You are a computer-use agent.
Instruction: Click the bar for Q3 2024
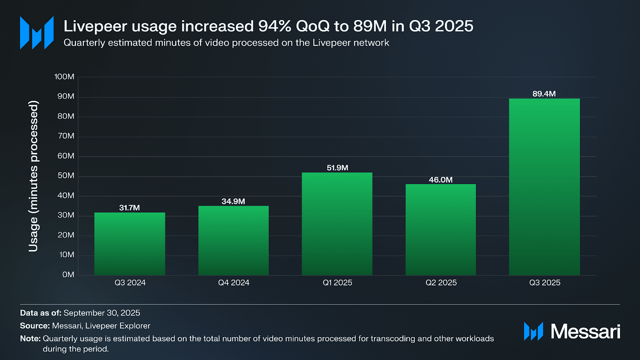[130, 244]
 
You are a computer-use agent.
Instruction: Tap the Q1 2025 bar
[337, 224]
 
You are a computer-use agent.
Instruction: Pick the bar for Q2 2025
[440, 230]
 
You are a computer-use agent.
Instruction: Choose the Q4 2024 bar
[233, 240]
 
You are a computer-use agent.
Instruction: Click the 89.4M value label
[544, 94]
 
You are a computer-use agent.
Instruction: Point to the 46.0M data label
[440, 180]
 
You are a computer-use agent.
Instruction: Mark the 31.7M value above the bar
[130, 208]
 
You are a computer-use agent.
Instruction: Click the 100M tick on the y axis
[64, 77]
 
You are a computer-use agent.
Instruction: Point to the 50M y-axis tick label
[66, 176]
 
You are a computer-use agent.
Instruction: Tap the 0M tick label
[68, 275]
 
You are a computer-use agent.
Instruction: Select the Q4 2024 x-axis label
[234, 283]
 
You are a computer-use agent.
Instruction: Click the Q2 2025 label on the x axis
[441, 283]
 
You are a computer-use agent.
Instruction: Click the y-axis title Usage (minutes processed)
[34, 176]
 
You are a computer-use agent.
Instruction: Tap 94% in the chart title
[274, 26]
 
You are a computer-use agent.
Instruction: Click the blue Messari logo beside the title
[37, 33]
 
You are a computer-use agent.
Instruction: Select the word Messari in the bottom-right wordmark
[585, 332]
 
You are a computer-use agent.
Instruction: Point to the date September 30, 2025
[102, 313]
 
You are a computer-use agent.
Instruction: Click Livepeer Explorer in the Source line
[118, 326]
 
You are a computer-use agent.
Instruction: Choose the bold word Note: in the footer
[30, 338]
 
